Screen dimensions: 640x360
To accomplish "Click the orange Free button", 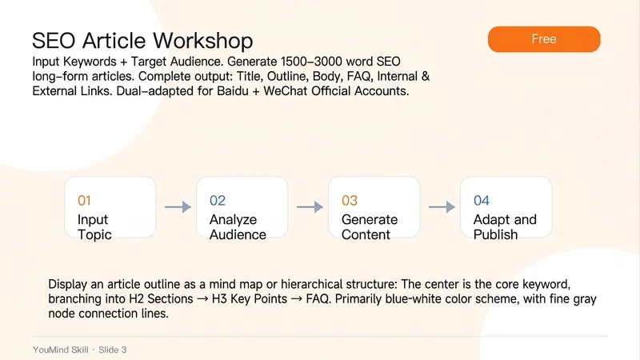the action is coord(544,39).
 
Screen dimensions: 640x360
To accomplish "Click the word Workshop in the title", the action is coord(203,41).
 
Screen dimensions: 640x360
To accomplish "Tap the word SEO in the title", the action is coord(54,41).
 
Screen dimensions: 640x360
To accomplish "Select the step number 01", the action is coord(84,201).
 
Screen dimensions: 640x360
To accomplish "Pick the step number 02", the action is coord(217,201).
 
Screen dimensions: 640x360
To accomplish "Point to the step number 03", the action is coord(350,201).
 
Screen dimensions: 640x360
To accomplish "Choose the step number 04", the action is coord(482,201).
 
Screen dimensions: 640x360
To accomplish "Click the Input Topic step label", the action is coord(94,227).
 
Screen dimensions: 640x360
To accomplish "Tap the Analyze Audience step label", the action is coord(238,227).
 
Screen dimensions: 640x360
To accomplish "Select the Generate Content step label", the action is coord(370,227).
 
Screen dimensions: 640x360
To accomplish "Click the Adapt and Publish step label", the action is coord(505,227).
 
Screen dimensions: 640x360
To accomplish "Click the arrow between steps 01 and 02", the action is coord(178,207).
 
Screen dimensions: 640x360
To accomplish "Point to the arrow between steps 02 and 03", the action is coord(310,207).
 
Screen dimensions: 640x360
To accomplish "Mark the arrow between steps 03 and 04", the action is coord(442,207).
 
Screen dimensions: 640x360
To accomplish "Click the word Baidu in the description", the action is coord(232,90).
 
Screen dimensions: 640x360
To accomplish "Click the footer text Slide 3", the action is coord(113,350).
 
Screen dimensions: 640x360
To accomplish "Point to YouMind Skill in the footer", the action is coord(61,350).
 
